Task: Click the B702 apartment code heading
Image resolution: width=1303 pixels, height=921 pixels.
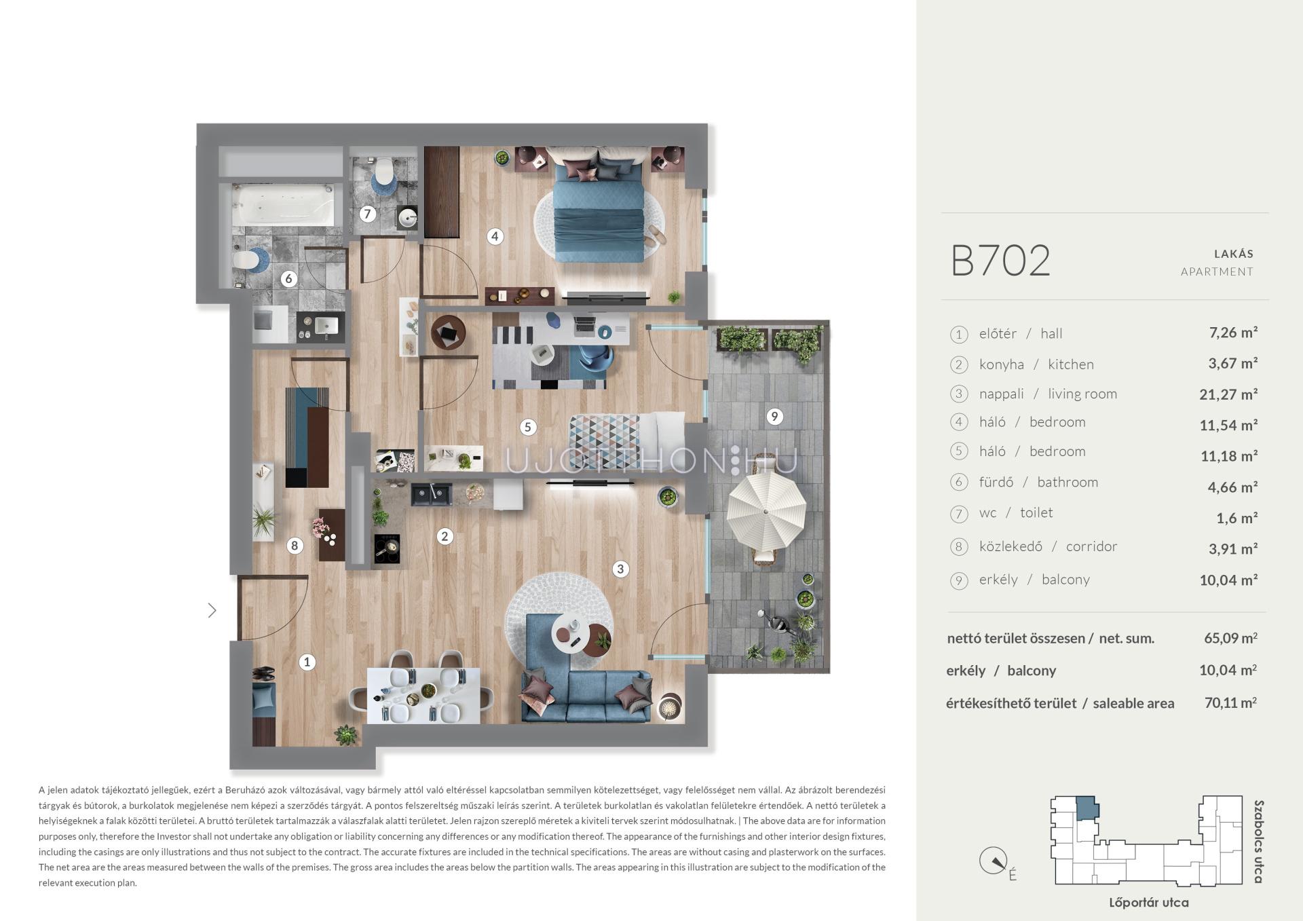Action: pos(1000,261)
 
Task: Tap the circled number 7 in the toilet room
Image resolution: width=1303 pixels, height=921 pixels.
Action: pos(367,214)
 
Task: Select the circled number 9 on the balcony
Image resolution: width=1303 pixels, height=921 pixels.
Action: pos(774,416)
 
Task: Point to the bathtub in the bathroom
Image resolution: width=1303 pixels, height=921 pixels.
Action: pos(283,205)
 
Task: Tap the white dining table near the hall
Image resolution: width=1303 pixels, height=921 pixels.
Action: pos(423,696)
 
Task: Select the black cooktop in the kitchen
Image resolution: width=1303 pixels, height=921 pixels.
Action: pos(387,548)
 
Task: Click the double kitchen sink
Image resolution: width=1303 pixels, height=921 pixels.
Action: pos(431,494)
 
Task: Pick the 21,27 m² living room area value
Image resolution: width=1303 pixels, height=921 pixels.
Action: pos(1228,394)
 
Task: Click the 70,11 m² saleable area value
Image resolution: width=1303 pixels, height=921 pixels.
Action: pos(1230,702)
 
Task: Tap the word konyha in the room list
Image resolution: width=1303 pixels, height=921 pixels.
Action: pos(1001,364)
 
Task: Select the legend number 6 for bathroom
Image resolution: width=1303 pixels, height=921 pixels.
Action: pos(958,483)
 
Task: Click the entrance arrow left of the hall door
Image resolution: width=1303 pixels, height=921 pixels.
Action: pos(212,610)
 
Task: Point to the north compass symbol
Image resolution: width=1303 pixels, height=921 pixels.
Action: pos(992,861)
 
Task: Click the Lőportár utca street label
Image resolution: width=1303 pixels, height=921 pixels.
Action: pos(1148,903)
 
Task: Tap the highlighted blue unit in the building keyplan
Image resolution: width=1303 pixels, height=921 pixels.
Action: pos(1086,808)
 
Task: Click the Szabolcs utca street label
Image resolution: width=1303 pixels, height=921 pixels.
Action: pos(1258,842)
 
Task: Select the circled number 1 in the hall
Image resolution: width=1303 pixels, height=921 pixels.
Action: pos(307,662)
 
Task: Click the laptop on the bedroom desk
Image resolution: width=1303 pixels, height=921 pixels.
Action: pos(584,326)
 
